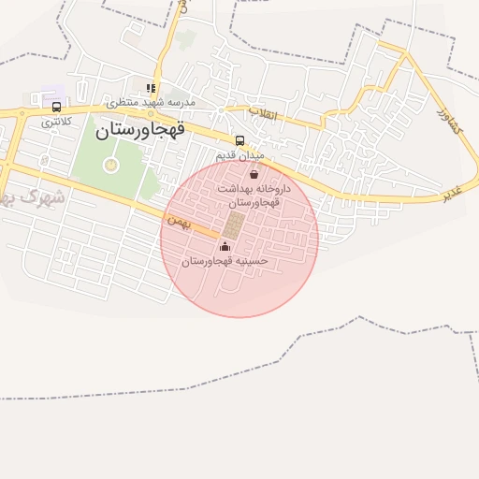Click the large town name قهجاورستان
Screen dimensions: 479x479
tap(140, 130)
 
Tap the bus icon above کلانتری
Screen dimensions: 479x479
tap(57, 108)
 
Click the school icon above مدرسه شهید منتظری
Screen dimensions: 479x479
tap(150, 88)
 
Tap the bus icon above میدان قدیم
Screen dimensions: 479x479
tap(240, 141)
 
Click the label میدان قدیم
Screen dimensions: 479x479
tap(240, 154)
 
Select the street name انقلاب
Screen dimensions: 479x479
tap(263, 113)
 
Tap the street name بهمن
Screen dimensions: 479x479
tap(178, 222)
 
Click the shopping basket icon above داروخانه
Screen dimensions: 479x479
tap(254, 174)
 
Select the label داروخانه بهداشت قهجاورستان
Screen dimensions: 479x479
tap(254, 195)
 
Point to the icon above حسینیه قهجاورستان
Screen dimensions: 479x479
tap(224, 247)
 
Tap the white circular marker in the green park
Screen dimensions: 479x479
tap(111, 166)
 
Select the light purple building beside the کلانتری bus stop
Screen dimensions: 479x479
tap(47, 99)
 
